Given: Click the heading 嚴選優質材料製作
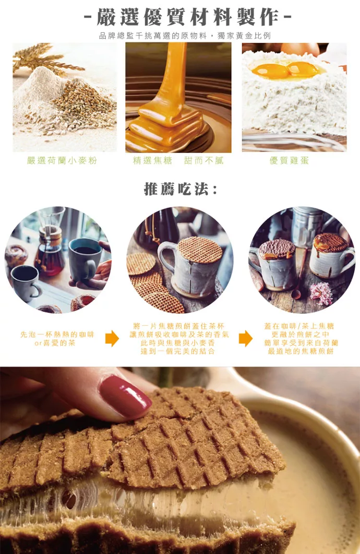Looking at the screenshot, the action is click(x=188, y=17).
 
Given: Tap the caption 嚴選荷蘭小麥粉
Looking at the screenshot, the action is click(x=62, y=161).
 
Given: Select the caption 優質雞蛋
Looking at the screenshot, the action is click(x=290, y=161).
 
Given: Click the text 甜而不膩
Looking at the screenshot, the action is click(x=203, y=161).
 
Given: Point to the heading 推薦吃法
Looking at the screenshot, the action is click(x=181, y=189).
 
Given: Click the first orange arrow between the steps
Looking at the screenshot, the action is click(x=112, y=338).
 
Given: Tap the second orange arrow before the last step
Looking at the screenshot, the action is click(x=246, y=338).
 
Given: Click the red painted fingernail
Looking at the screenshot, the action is click(x=125, y=396).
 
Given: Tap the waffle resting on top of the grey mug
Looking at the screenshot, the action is click(x=200, y=250).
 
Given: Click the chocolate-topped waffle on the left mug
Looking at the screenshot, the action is click(x=277, y=249).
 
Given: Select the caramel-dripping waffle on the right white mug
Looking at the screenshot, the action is click(x=331, y=243).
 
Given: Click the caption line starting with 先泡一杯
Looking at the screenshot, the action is click(x=57, y=335).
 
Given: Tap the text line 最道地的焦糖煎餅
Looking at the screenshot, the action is click(x=301, y=351).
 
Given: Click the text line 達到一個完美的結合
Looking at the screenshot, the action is click(x=178, y=351).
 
